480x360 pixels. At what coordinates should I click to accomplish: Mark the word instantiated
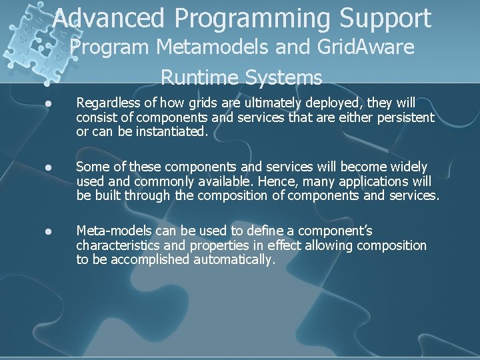coord(173,131)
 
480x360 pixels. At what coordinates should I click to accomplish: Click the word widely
coord(409,167)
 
